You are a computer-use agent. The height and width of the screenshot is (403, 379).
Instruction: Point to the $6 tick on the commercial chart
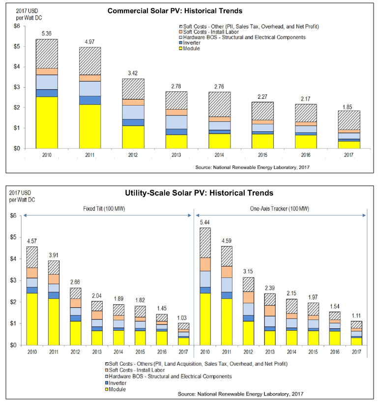tap(17, 26)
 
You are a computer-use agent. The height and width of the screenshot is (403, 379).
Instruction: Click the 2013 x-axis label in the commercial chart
tap(176, 155)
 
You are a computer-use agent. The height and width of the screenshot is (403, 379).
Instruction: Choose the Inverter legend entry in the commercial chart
tap(192, 43)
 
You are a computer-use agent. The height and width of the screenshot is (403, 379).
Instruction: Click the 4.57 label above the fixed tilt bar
tap(32, 241)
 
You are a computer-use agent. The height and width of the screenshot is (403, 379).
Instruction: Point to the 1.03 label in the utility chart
tap(183, 318)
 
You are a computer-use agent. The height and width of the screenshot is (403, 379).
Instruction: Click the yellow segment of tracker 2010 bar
tap(205, 319)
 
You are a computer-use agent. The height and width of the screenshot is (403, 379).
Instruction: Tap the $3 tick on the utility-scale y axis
tap(13, 280)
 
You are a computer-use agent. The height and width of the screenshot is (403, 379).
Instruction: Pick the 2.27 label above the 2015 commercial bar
tap(263, 97)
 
